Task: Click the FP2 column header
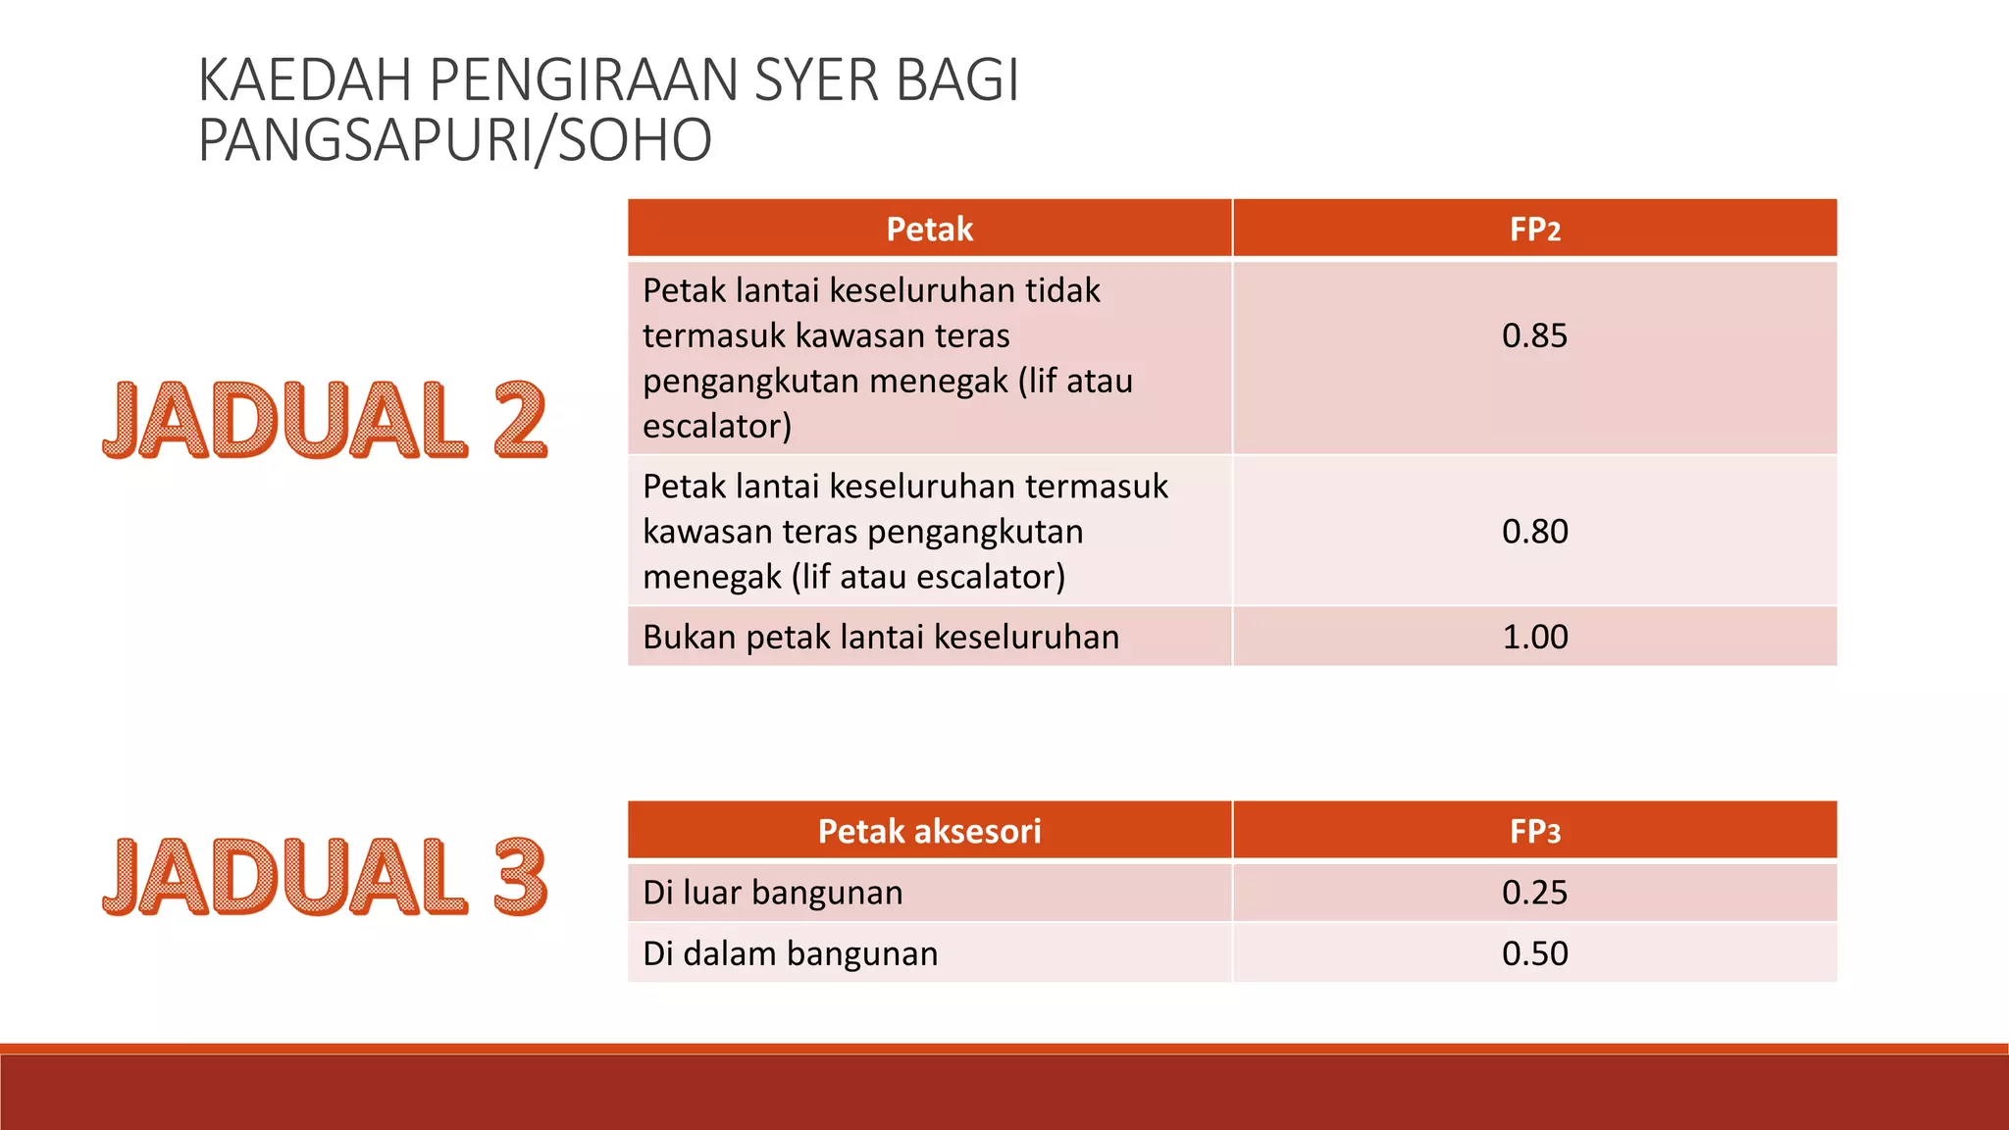coord(1534,230)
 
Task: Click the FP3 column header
coord(1534,832)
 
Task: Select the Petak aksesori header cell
coord(929,832)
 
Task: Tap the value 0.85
coord(1534,335)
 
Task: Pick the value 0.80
coord(1534,532)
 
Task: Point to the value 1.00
coord(1534,638)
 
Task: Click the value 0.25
coord(1534,893)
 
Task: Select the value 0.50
coord(1534,953)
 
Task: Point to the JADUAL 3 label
coord(324,876)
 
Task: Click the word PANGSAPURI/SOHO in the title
coord(454,140)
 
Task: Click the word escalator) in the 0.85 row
coord(717,427)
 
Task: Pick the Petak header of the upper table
coord(929,230)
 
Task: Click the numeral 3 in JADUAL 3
coord(519,876)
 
